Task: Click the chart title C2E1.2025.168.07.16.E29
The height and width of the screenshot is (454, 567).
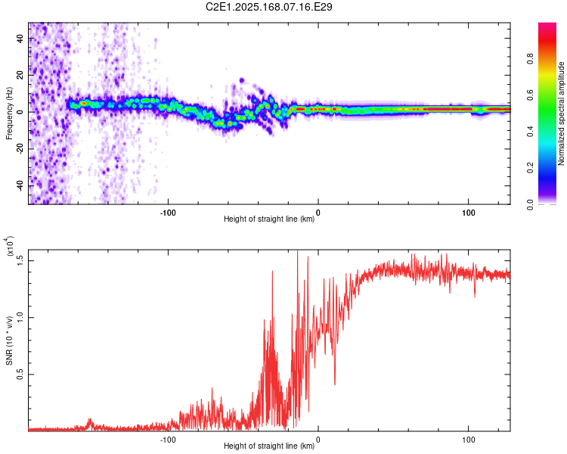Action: tap(269, 7)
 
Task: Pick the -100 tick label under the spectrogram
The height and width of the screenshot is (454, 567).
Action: tap(168, 212)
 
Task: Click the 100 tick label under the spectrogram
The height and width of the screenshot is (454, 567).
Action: tap(468, 212)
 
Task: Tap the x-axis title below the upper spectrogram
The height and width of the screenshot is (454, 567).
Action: tap(269, 220)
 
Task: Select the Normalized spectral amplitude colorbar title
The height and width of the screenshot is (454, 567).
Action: tap(561, 113)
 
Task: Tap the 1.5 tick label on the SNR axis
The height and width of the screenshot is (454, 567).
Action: tap(20, 260)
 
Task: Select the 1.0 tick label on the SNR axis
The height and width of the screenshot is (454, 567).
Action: tap(20, 316)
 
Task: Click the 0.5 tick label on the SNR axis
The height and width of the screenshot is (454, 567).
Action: tap(20, 374)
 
